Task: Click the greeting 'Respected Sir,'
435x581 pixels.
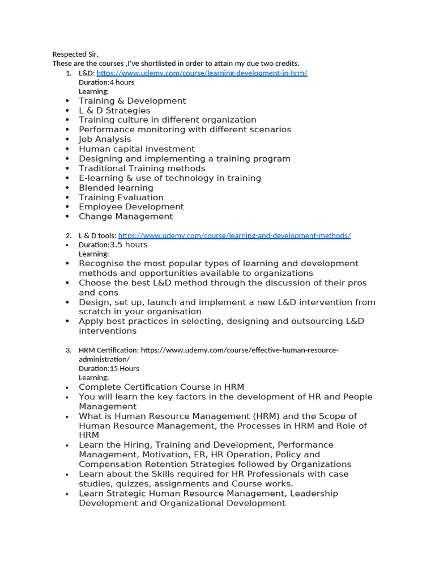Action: click(75, 54)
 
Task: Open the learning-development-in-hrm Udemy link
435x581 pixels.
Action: click(202, 73)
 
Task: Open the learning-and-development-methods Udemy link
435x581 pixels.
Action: click(234, 235)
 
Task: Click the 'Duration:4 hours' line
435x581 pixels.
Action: click(106, 82)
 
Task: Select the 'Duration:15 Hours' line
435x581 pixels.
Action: click(109, 368)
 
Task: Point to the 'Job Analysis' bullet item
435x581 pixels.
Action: click(105, 140)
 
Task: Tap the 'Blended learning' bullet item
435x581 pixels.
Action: click(116, 188)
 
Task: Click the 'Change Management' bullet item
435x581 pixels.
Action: click(126, 217)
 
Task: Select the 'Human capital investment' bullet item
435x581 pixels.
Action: click(137, 149)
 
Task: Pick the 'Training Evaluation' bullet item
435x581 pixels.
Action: click(121, 197)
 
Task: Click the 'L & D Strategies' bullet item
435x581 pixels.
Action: click(114, 111)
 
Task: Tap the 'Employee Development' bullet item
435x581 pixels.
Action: click(131, 207)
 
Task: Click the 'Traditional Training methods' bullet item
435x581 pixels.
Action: click(142, 169)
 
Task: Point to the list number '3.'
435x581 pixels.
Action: click(68, 350)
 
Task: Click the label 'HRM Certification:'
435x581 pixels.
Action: click(109, 350)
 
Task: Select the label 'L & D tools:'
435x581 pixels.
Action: click(97, 235)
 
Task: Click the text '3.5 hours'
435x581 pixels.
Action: click(129, 245)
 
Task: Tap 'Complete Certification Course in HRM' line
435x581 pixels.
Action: click(161, 388)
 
